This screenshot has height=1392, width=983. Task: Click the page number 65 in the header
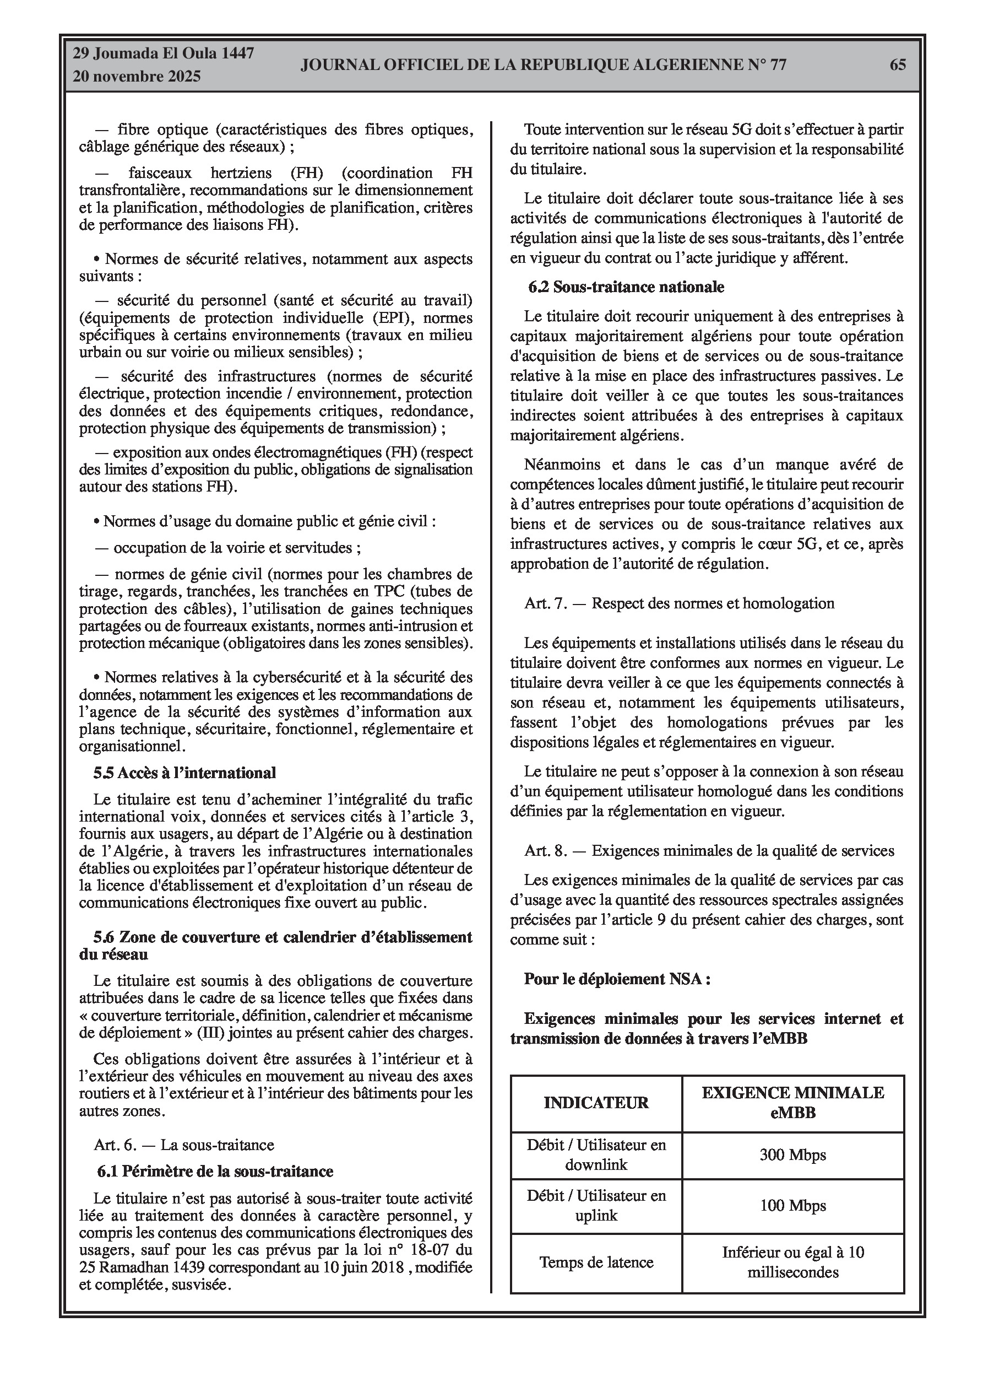tap(898, 65)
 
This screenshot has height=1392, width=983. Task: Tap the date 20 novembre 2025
tap(137, 77)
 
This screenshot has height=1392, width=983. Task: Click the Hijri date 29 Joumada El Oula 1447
tap(163, 53)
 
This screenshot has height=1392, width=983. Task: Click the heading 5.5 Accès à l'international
tap(184, 773)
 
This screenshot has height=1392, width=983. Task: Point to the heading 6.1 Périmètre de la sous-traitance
tap(215, 1172)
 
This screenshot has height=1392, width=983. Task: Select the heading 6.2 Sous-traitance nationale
tap(626, 287)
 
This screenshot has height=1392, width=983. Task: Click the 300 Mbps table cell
tap(792, 1155)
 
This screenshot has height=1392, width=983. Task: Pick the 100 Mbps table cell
tap(792, 1206)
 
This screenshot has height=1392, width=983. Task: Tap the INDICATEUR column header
tap(596, 1103)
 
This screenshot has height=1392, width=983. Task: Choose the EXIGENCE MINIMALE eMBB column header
tap(792, 1102)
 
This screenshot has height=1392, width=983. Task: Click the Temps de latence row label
tap(596, 1262)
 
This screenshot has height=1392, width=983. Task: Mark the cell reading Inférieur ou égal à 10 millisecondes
tap(792, 1262)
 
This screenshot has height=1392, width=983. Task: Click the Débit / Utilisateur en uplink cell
tap(596, 1206)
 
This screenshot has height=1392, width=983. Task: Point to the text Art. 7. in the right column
tap(545, 603)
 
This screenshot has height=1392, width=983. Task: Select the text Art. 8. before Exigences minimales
tap(545, 851)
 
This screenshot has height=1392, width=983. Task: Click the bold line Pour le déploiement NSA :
tap(617, 979)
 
